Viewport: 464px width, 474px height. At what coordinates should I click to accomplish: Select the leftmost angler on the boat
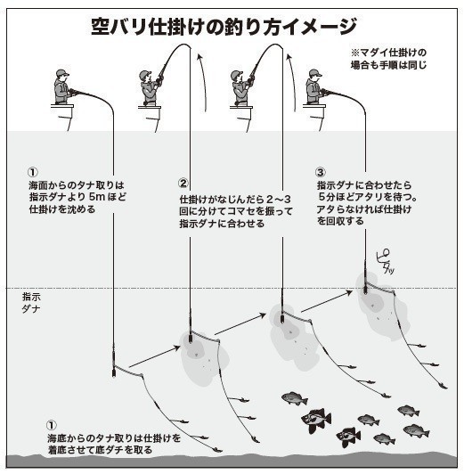pos(61,89)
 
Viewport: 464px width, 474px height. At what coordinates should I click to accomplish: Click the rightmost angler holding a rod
pos(313,89)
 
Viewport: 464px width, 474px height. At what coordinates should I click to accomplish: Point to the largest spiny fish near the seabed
pos(317,417)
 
